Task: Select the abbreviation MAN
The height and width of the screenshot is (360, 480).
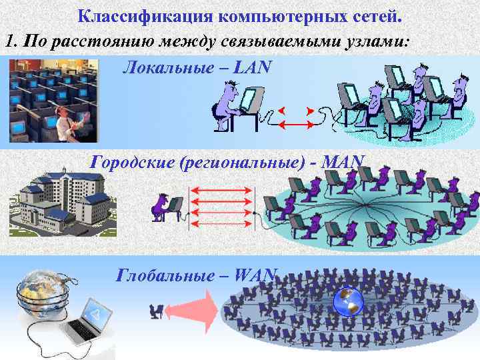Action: [x=345, y=161]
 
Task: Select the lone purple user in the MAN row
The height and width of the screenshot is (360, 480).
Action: [x=165, y=207]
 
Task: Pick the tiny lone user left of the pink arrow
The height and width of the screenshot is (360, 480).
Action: [x=158, y=309]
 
